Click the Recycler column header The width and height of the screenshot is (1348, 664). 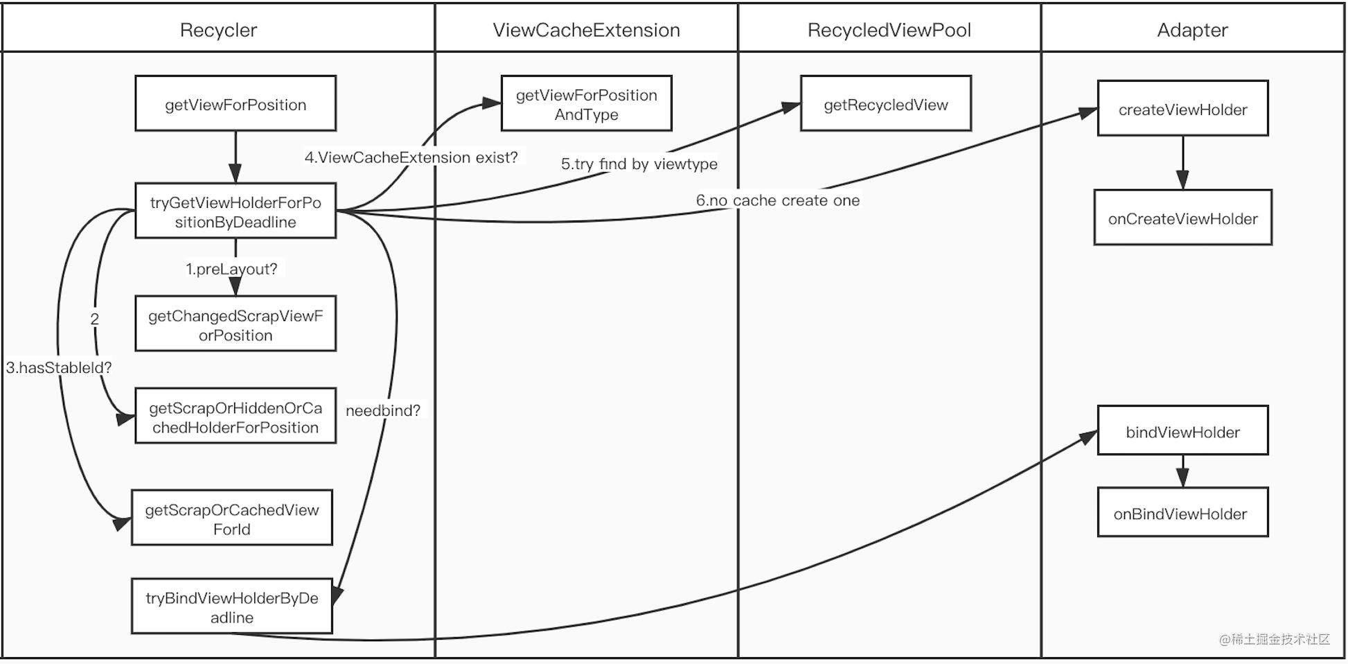click(218, 30)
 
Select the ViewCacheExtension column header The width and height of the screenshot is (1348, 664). click(586, 30)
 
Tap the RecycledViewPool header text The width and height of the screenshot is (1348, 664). click(889, 30)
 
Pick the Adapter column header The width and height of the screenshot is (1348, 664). click(1192, 30)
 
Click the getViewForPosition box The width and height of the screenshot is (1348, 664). click(236, 104)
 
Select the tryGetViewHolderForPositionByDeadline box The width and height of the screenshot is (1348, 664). click(236, 211)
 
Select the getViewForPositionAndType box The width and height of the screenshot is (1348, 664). click(586, 104)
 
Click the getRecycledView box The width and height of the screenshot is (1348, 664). click(885, 104)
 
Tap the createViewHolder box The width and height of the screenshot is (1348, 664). click(1182, 109)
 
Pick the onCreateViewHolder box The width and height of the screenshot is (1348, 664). click(1182, 218)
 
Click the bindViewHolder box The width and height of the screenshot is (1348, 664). click(1182, 431)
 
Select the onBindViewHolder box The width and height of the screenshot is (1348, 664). click(1182, 513)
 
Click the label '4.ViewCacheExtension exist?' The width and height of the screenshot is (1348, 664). click(411, 157)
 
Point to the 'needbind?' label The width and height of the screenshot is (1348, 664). click(382, 410)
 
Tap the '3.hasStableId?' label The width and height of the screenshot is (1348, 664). click(58, 367)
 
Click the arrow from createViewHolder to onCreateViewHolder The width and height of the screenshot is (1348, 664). click(1182, 163)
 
